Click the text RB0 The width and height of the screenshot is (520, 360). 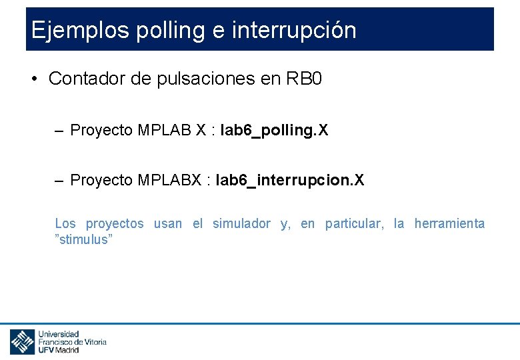click(x=304, y=79)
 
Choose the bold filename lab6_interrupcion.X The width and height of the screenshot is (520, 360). click(x=290, y=180)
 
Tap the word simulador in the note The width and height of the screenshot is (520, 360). click(x=241, y=224)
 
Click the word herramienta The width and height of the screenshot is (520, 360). click(x=449, y=224)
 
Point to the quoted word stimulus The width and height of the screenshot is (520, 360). click(x=84, y=240)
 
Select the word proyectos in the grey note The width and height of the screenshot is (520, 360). click(x=115, y=224)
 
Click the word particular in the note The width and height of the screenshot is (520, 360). click(x=354, y=224)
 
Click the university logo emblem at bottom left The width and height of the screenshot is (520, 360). click(x=22, y=342)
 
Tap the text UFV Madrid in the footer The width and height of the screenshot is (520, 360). click(x=59, y=349)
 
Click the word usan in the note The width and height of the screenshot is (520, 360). click(x=167, y=224)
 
